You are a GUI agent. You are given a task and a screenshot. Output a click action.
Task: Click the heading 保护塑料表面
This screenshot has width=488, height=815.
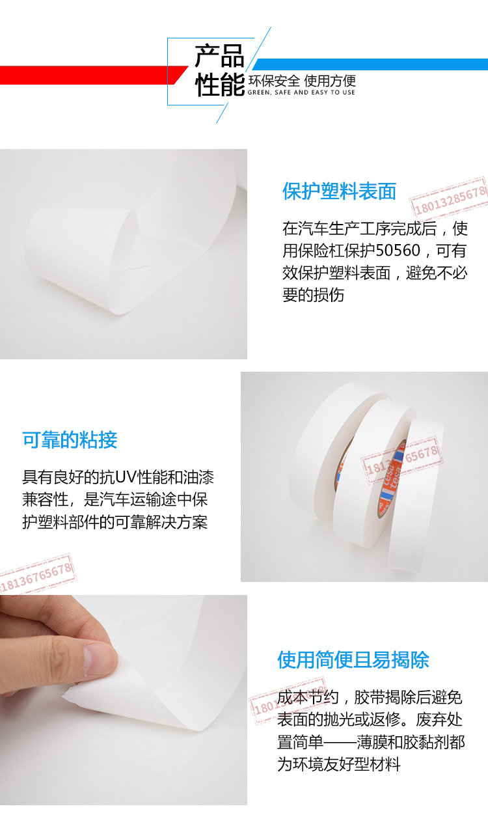339,191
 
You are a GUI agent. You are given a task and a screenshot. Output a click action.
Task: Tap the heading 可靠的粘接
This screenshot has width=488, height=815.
70,439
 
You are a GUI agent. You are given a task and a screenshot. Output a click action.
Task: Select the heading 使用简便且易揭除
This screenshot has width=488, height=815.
353,659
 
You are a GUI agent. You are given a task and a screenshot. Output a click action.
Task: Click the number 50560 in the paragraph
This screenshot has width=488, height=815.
398,251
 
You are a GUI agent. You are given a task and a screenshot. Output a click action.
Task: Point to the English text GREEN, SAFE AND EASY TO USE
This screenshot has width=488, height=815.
301,92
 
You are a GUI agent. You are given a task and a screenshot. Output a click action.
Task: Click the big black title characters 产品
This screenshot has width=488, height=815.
219,56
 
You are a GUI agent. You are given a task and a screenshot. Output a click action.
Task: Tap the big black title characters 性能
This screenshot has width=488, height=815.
220,85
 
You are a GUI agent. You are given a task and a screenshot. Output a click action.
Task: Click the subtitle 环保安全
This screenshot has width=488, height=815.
274,81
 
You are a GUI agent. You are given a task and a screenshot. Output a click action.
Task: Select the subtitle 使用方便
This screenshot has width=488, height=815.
330,81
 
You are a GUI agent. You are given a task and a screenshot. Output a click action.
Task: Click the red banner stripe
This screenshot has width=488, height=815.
91,75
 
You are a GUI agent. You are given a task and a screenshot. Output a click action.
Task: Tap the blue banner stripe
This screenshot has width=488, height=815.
370,64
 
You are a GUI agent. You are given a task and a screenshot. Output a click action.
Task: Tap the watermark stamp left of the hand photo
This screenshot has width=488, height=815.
36,575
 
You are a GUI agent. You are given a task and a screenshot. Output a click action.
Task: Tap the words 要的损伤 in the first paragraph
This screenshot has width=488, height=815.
313,295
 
